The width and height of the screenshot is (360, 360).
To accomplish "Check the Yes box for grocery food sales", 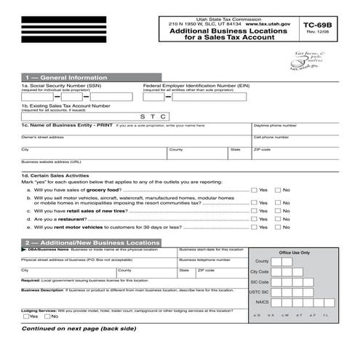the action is [x=254, y=190].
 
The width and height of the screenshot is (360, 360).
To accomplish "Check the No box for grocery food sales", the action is [x=277, y=190].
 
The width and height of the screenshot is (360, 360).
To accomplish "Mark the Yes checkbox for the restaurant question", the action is [x=254, y=219].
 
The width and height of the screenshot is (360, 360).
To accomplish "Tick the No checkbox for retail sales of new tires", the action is [x=277, y=209].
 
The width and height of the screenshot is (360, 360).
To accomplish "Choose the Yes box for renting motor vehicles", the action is [x=254, y=228].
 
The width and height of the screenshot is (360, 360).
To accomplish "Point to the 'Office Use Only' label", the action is [x=294, y=252].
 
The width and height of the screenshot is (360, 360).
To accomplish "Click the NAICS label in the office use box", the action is [x=262, y=301].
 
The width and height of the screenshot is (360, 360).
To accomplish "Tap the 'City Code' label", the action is [x=260, y=271].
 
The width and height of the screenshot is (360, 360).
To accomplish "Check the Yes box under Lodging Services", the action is [x=26, y=316].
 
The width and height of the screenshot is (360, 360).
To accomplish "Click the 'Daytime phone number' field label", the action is [x=275, y=126].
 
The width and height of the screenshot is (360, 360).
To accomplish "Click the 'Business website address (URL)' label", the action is [x=51, y=161].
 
